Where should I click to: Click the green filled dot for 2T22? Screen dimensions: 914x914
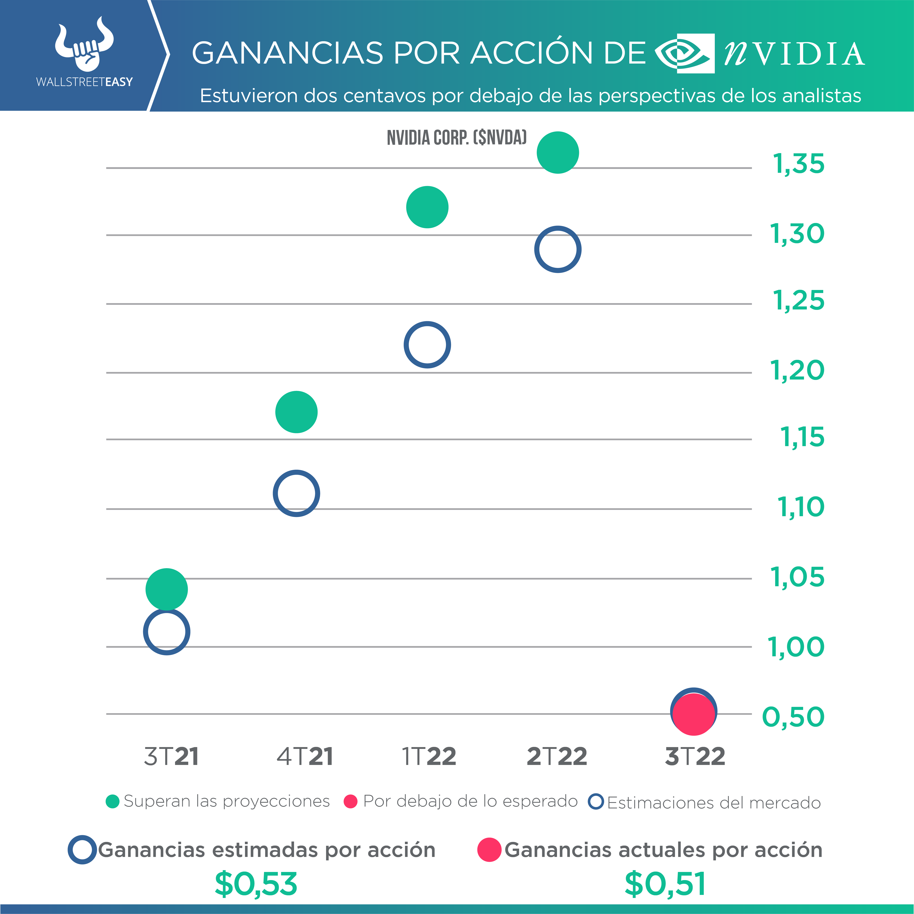558,152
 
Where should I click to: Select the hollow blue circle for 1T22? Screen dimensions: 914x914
427,345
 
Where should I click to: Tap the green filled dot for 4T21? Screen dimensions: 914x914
296,412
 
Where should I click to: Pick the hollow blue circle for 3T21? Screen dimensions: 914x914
167,632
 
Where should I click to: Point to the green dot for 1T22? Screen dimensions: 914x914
427,207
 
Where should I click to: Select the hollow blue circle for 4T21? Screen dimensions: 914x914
296,493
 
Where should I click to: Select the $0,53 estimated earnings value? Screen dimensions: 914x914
256,884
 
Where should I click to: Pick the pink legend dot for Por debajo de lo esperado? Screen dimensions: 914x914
350,802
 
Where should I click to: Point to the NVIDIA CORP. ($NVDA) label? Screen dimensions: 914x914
456,138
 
